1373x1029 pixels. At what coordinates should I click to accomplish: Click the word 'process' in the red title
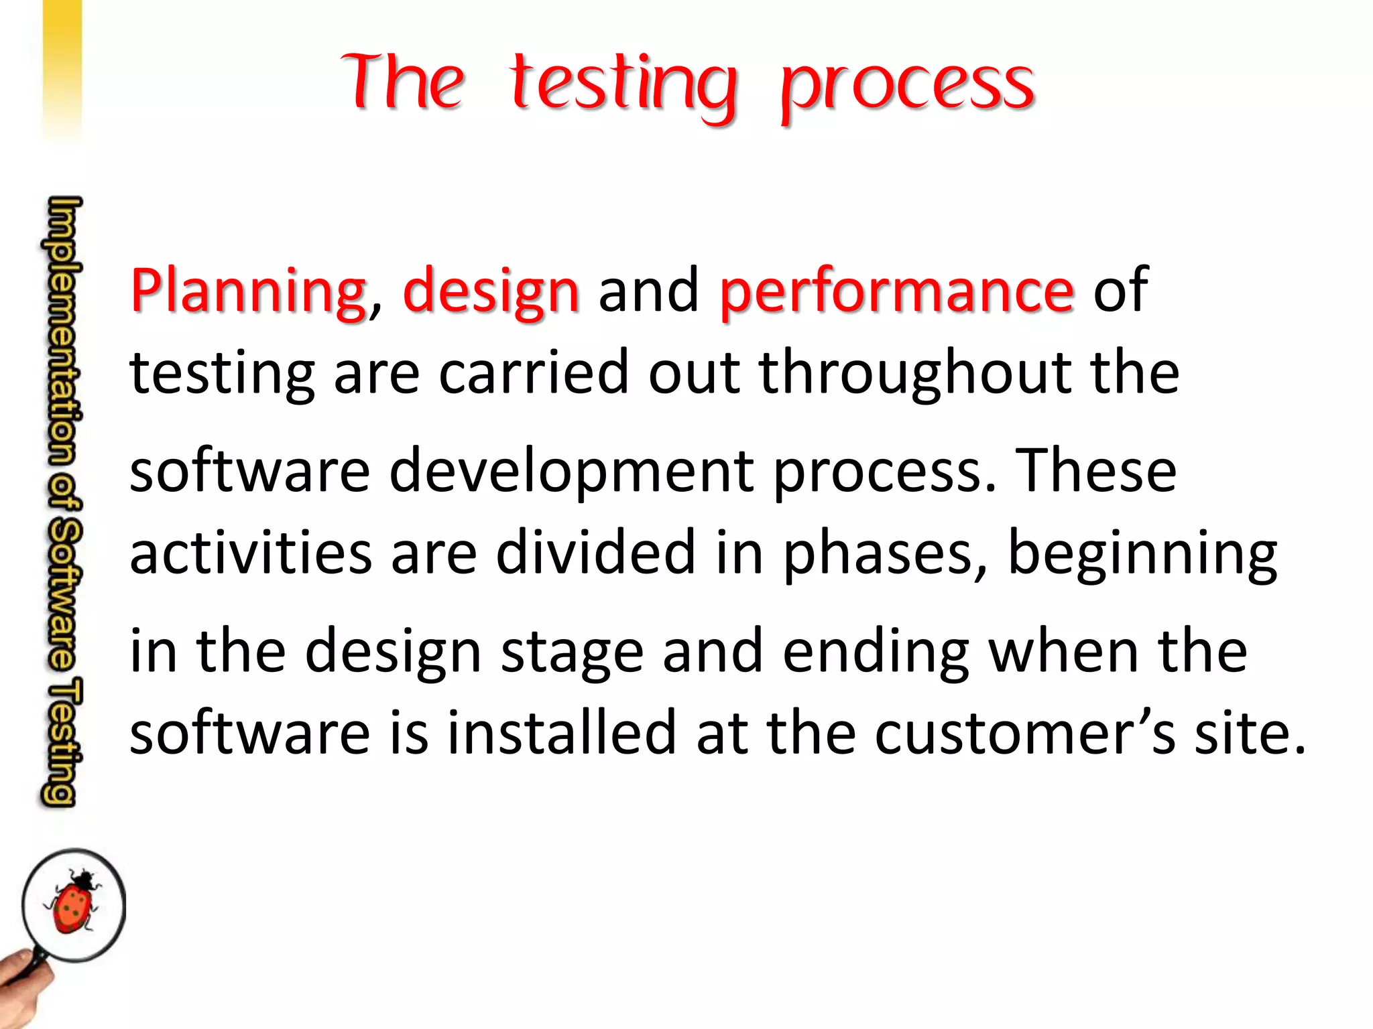(x=908, y=87)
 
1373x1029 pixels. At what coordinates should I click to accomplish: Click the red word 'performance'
(x=896, y=291)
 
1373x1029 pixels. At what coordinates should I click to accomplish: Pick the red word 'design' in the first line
(x=491, y=291)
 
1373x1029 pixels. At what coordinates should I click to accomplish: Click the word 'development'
(x=571, y=470)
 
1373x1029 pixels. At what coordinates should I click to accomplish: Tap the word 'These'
(x=1096, y=470)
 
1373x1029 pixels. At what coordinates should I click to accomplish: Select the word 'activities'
(x=251, y=553)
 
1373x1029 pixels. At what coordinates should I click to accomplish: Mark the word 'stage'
(x=572, y=653)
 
